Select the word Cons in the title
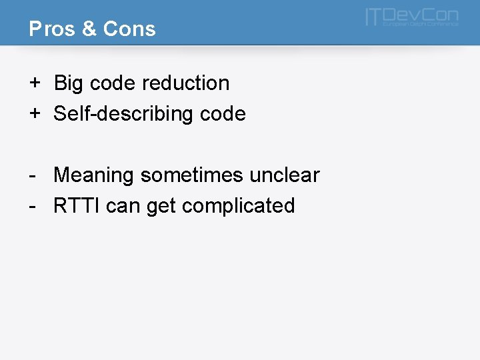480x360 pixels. tap(129, 29)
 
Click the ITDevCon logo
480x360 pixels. tap(412, 17)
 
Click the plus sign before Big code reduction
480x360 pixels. tap(34, 83)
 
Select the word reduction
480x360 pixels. tap(185, 83)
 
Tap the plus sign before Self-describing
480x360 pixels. tap(34, 113)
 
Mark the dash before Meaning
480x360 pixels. tap(32, 175)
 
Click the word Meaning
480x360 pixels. tap(94, 175)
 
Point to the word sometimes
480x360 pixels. tap(192, 175)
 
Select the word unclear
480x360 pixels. tap(285, 175)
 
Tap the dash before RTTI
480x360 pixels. tap(32, 206)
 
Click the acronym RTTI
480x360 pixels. tap(77, 205)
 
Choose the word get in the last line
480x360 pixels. tap(161, 207)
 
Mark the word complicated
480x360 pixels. tap(238, 206)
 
